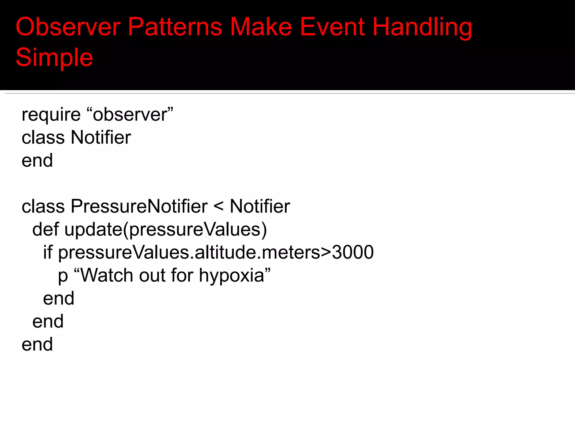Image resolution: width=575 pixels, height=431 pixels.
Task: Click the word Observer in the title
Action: click(x=68, y=27)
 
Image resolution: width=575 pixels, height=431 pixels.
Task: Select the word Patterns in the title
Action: click(x=175, y=27)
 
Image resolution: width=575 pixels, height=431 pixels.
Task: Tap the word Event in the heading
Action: click(x=332, y=27)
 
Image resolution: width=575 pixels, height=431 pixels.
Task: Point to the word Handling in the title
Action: click(x=422, y=27)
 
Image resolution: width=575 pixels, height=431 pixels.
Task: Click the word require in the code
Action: click(x=51, y=115)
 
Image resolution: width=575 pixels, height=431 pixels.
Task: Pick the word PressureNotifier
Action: click(x=139, y=206)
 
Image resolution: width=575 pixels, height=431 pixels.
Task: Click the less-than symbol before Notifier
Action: click(x=218, y=207)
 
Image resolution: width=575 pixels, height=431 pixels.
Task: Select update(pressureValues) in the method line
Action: click(x=165, y=230)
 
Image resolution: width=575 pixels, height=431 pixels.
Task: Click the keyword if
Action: click(x=47, y=252)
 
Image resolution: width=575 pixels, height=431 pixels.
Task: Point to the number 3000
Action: click(x=353, y=252)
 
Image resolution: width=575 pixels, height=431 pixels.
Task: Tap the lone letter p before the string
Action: click(x=63, y=276)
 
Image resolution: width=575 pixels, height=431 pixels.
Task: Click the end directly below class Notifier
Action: click(x=37, y=161)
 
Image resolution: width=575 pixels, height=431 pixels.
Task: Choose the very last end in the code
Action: click(x=37, y=344)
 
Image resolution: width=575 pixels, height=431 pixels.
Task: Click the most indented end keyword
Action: click(x=58, y=298)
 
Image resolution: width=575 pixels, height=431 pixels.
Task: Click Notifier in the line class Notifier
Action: click(x=101, y=137)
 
